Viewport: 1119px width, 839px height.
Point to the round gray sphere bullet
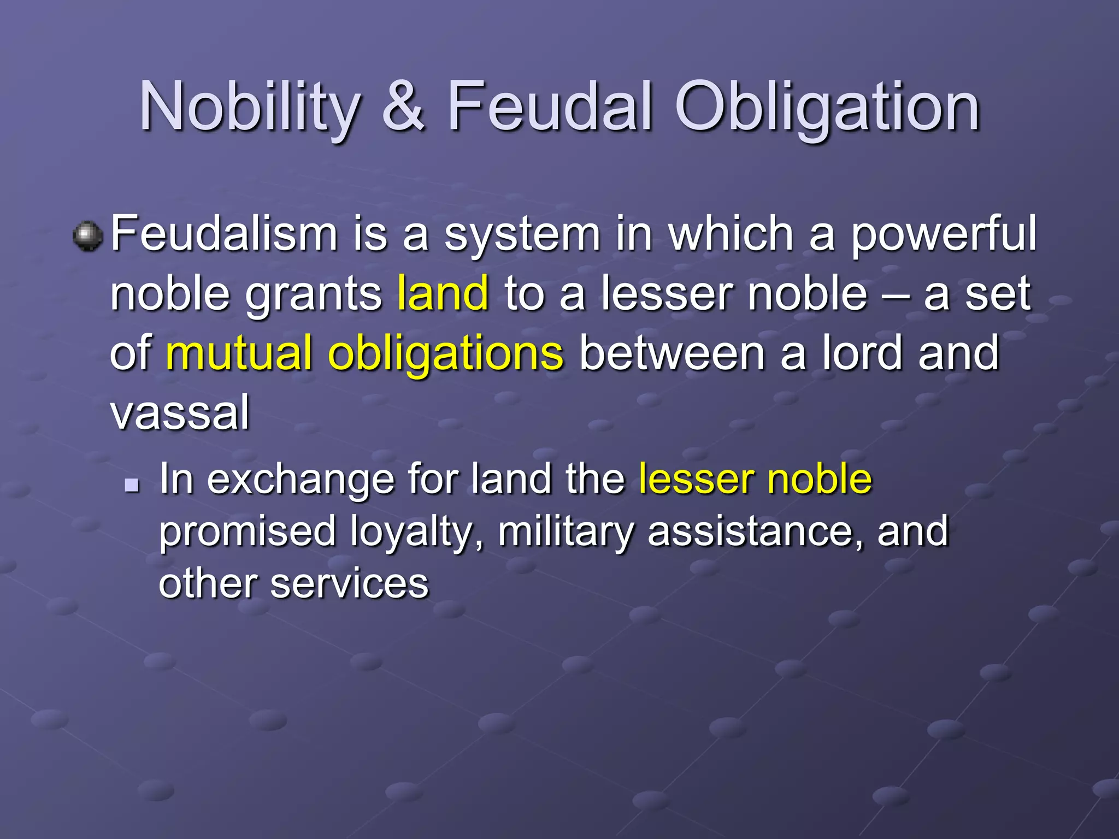87,237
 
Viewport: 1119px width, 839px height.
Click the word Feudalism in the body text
224,234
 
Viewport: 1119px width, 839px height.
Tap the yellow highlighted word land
443,293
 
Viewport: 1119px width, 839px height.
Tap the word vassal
180,412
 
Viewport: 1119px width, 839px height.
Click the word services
349,583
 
